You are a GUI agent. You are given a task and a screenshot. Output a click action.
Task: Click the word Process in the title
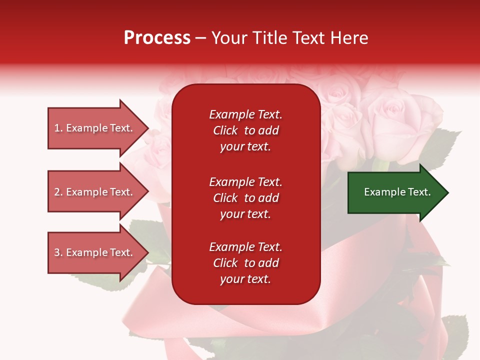[x=157, y=38]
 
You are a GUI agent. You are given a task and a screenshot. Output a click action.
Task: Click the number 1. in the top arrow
[x=58, y=128]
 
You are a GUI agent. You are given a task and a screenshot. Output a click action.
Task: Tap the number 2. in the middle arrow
[x=58, y=192]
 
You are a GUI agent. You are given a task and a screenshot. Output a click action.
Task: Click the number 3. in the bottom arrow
[x=58, y=252]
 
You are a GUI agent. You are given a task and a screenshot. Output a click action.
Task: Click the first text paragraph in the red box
[x=245, y=130]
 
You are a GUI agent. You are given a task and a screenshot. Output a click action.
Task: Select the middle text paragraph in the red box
[x=245, y=197]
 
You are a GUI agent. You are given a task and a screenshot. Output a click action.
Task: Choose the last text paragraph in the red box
[x=245, y=263]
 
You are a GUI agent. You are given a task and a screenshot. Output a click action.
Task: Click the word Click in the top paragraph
[x=225, y=130]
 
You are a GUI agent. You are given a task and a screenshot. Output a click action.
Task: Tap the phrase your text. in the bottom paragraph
[x=245, y=279]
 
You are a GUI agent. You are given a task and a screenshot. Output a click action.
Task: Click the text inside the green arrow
[x=397, y=192]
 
